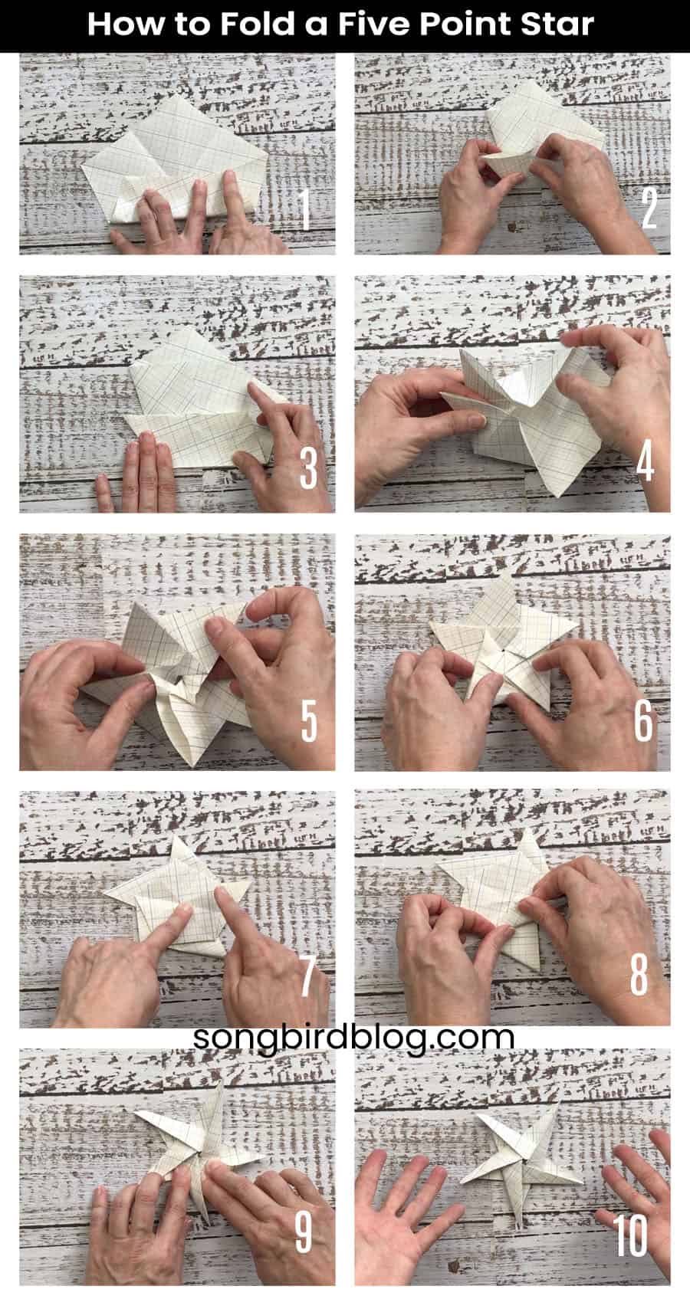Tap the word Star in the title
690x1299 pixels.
pos(560,25)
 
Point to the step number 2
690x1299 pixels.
pos(649,208)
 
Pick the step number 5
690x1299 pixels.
pos(309,721)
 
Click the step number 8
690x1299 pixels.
pos(639,976)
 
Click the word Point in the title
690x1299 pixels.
pos(466,25)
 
